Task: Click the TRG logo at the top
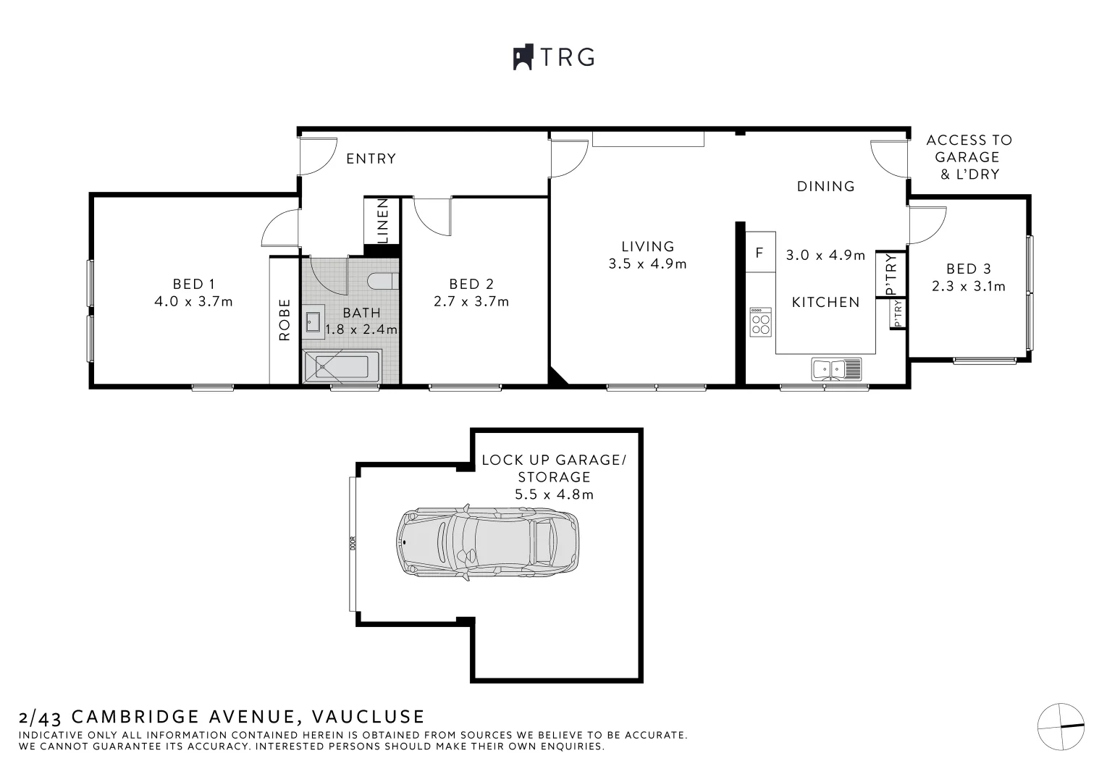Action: click(554, 56)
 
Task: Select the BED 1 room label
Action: click(193, 285)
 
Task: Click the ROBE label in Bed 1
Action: click(285, 319)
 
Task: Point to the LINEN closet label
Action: click(383, 221)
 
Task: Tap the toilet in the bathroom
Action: click(382, 281)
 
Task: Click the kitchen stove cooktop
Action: click(760, 321)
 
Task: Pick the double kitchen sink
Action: click(836, 369)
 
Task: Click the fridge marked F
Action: click(759, 253)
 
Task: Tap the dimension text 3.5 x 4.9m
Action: click(647, 264)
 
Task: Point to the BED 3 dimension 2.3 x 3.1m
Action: click(968, 287)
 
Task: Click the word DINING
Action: click(825, 186)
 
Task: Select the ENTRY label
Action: click(371, 159)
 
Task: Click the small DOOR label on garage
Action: click(353, 543)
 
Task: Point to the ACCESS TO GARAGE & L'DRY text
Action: click(968, 157)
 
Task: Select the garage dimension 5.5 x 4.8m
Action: click(554, 495)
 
